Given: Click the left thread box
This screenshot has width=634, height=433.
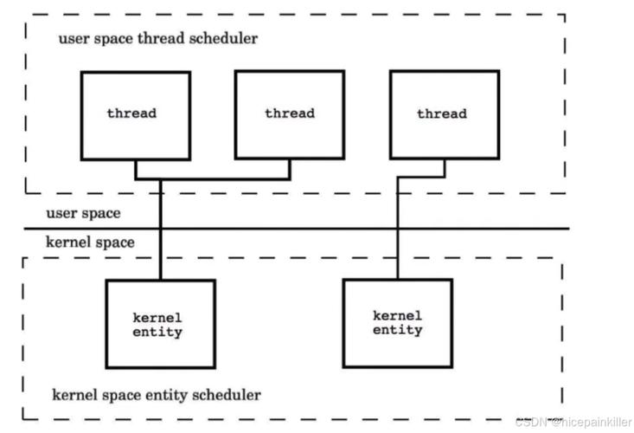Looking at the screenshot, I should point(135,115).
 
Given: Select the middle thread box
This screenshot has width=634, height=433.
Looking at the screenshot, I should point(290,115).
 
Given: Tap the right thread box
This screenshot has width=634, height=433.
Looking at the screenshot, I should point(444,115).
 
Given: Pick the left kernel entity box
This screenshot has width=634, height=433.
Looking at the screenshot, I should point(160,324).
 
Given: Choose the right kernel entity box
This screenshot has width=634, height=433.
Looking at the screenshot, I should point(397,322).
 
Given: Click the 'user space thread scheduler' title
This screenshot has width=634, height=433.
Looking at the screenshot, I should point(157,39).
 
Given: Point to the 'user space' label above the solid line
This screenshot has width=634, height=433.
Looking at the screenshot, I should point(84,212).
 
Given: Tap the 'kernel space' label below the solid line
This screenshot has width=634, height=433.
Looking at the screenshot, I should point(91,242).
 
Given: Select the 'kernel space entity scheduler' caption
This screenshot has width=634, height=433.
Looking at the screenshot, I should point(157,395).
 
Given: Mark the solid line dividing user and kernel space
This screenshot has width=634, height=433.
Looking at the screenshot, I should point(346,229).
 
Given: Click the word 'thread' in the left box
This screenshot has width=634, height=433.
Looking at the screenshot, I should point(131,113).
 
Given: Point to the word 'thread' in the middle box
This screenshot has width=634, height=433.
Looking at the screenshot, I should point(290,113).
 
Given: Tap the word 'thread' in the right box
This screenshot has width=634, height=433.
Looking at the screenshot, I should point(441,113).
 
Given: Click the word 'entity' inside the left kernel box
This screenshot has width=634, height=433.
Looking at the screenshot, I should point(158,333).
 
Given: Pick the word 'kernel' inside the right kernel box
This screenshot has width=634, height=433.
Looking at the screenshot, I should point(397,315).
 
